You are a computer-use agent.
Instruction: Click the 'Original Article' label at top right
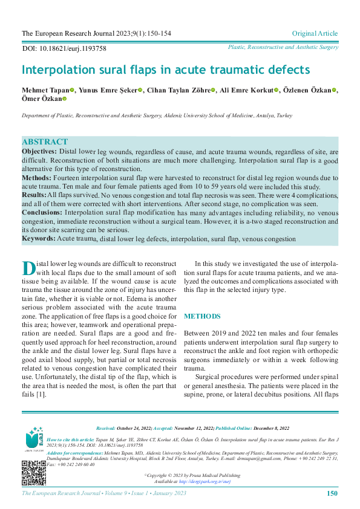[x=315, y=33]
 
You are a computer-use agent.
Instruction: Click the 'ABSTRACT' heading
[x=45, y=142]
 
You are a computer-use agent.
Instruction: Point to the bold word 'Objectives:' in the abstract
[x=40, y=152]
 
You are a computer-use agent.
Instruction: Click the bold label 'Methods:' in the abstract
[x=37, y=178]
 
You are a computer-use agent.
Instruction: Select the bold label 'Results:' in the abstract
[x=34, y=195]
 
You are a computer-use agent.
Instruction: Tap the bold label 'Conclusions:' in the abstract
[x=42, y=213]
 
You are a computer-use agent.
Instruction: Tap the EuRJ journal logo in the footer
[x=34, y=438]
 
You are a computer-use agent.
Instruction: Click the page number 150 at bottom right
[x=332, y=494]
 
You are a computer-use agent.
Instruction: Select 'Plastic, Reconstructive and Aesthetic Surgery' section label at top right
[x=283, y=47]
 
